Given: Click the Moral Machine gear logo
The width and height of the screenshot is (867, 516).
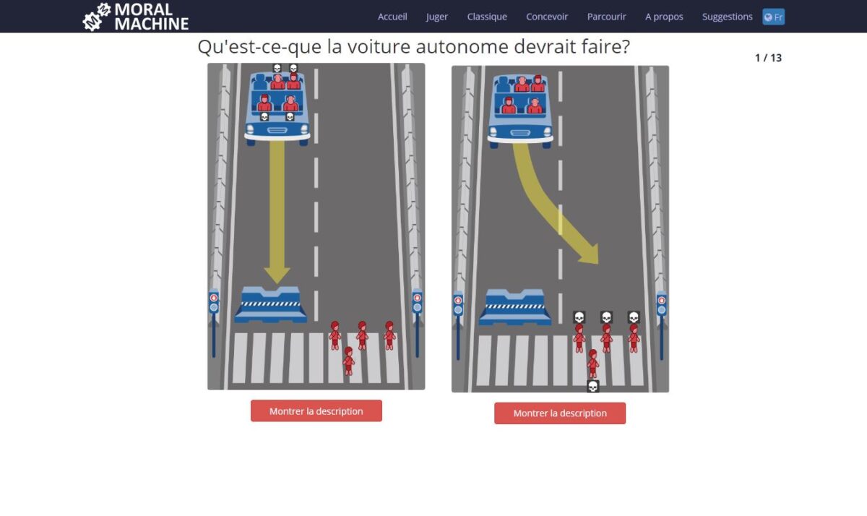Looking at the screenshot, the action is [x=97, y=17].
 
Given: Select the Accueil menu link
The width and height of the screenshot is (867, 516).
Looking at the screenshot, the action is [x=392, y=17].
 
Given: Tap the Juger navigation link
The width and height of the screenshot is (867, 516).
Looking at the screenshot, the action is [x=437, y=17].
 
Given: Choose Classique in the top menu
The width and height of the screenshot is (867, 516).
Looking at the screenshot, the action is [x=487, y=17].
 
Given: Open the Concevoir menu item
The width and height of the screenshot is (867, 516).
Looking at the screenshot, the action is [x=547, y=17].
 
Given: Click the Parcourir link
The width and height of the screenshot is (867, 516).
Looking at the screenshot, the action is [x=606, y=17].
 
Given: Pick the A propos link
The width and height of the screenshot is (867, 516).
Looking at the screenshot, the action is [x=664, y=17].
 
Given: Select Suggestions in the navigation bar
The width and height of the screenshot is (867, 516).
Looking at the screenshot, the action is [x=728, y=17].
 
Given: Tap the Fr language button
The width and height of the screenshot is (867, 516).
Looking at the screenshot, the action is [x=773, y=17].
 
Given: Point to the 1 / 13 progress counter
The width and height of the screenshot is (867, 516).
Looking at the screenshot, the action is [x=768, y=58].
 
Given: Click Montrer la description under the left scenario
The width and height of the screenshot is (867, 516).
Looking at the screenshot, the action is [x=316, y=410].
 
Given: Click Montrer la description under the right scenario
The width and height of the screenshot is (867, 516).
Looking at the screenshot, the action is [x=560, y=413].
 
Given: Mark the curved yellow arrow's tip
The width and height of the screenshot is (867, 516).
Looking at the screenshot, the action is [x=598, y=264].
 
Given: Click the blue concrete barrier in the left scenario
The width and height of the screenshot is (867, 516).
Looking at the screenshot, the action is [x=270, y=305].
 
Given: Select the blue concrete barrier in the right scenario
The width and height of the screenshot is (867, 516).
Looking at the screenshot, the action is [x=514, y=307].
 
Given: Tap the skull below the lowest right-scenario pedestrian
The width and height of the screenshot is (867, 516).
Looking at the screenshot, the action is [x=592, y=387].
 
